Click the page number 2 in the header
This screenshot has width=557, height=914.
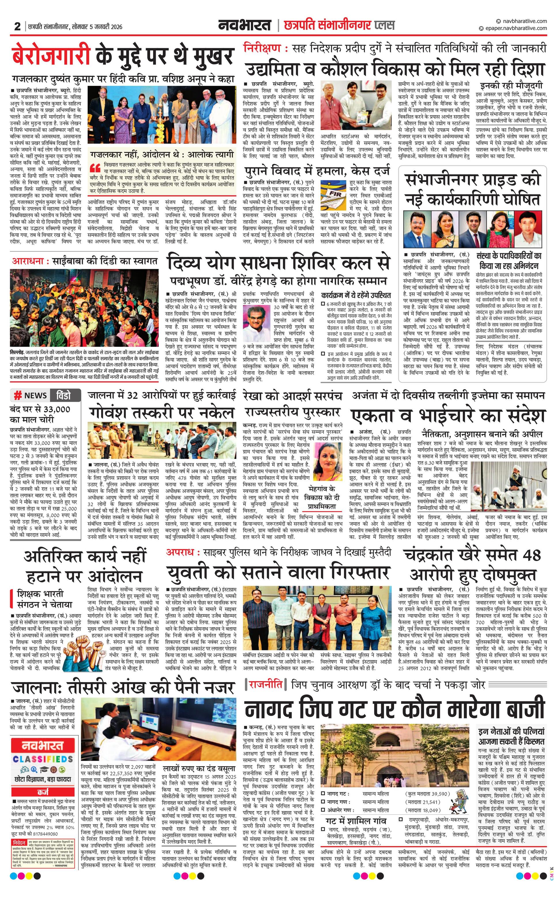point(17,26)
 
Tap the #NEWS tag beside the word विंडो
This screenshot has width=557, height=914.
point(31,395)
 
